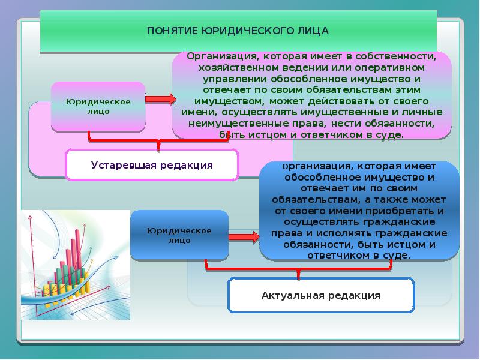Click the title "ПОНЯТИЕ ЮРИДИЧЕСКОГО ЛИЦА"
pos(238,29)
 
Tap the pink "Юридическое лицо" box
pos(98,107)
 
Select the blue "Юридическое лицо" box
pos(179,235)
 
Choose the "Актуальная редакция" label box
pos(321,295)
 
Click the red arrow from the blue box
pos(244,238)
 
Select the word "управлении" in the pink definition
pos(230,79)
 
